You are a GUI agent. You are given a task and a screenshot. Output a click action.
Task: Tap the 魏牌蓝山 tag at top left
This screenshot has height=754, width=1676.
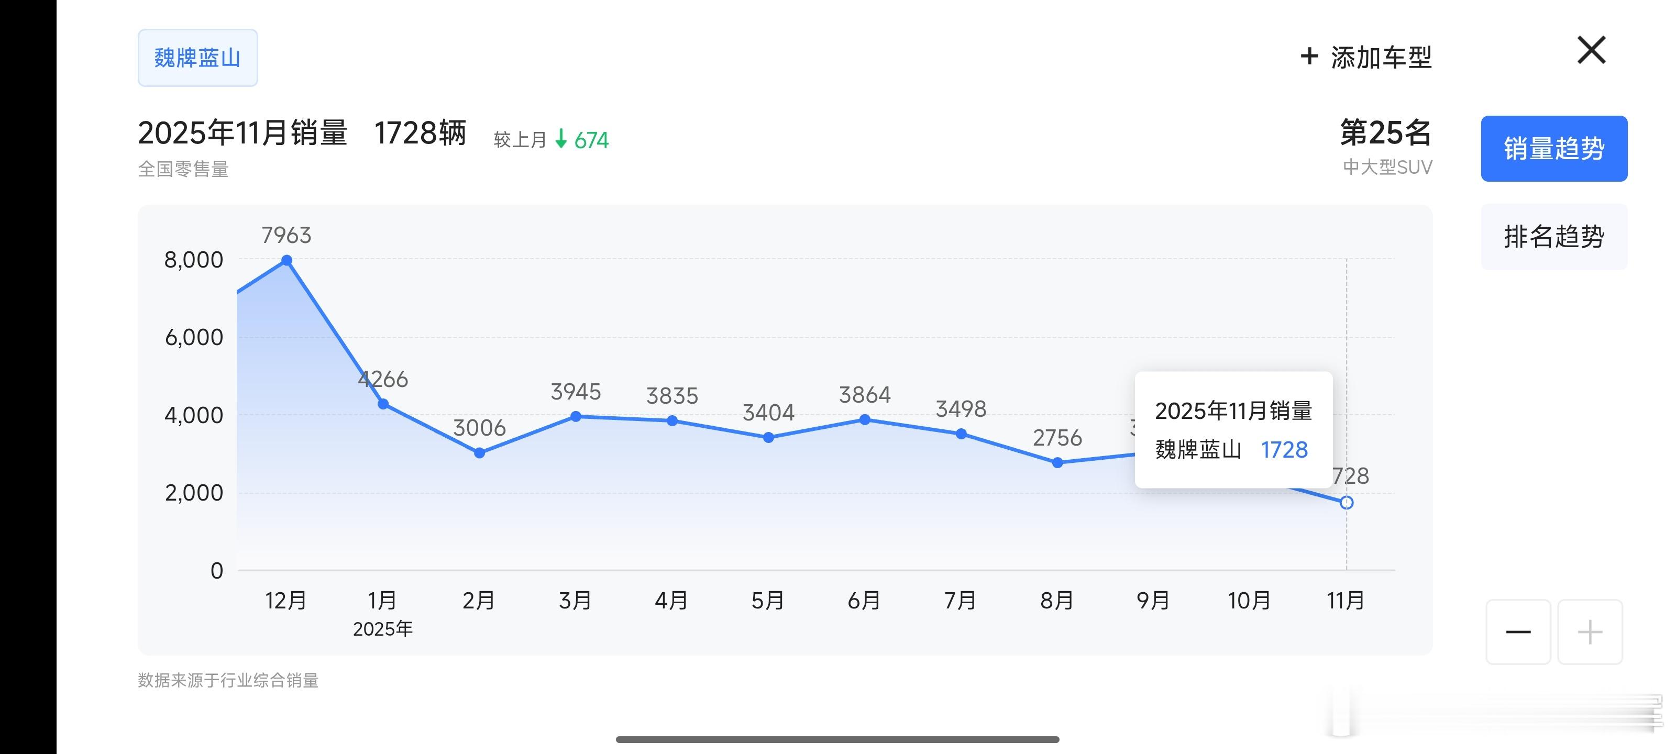197,58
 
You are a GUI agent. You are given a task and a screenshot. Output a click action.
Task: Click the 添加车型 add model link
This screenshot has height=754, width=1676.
1366,57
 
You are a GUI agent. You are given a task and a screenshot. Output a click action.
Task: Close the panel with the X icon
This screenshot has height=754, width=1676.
1592,50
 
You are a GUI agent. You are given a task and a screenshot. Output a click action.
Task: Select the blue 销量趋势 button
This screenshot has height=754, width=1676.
1553,148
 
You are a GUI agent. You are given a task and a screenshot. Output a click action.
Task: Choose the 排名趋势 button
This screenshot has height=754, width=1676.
1553,236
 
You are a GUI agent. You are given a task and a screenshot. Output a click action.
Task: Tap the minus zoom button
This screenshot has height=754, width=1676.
1518,631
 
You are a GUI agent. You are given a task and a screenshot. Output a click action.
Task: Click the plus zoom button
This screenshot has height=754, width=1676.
1590,631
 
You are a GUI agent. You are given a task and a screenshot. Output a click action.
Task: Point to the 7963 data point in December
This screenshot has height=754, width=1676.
287,260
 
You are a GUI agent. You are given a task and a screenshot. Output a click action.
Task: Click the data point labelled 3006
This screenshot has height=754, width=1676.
480,453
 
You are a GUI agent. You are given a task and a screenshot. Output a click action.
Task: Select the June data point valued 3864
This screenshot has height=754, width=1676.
865,419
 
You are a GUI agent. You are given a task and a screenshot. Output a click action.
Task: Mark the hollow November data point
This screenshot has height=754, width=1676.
1347,502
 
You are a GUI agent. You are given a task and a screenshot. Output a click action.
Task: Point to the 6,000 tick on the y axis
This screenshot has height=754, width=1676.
194,337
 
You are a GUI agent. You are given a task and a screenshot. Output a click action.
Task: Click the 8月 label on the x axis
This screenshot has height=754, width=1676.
1056,600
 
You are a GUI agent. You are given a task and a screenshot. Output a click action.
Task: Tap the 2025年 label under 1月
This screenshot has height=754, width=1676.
382,629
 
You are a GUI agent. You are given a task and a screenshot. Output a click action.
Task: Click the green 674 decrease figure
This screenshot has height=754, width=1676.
591,140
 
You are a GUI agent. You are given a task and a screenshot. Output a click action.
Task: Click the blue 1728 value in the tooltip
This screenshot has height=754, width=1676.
1284,450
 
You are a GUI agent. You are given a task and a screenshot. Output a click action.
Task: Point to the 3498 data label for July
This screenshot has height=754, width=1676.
961,408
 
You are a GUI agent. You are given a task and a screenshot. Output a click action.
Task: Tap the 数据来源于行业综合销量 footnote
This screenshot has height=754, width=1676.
228,681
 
